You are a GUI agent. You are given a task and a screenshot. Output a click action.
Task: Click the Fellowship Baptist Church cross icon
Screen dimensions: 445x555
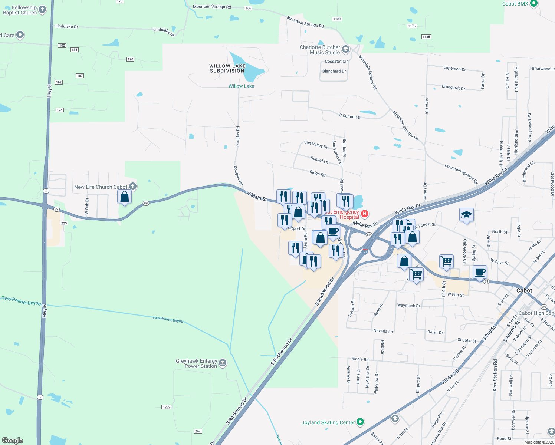pyautogui.click(x=42, y=10)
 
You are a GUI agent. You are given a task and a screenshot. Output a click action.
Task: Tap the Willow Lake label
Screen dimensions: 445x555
pyautogui.click(x=241, y=86)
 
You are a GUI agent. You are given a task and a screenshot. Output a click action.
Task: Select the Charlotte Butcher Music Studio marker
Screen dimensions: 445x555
pyautogui.click(x=346, y=49)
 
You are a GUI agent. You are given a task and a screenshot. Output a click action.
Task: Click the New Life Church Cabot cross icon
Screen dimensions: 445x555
pyautogui.click(x=132, y=187)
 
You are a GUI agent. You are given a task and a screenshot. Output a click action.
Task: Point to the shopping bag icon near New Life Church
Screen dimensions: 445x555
pyautogui.click(x=125, y=196)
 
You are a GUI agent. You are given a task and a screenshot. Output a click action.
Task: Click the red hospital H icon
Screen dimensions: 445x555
pyautogui.click(x=365, y=213)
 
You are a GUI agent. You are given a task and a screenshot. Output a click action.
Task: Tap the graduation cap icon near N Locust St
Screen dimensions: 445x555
pyautogui.click(x=466, y=215)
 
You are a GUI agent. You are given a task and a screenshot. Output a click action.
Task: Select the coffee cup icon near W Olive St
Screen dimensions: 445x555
pyautogui.click(x=480, y=272)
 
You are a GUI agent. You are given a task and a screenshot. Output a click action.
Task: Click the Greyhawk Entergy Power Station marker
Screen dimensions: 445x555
pyautogui.click(x=223, y=363)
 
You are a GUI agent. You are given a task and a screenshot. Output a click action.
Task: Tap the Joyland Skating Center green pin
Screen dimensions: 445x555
pyautogui.click(x=360, y=422)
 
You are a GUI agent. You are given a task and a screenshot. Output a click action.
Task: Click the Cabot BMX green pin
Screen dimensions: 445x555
pyautogui.click(x=534, y=4)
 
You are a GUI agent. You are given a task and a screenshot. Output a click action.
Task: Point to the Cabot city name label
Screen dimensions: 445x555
pyautogui.click(x=524, y=290)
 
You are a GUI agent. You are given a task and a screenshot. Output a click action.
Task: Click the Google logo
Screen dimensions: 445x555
pyautogui.click(x=13, y=440)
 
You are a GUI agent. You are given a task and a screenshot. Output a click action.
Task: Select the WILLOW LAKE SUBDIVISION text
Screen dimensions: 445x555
pyautogui.click(x=227, y=68)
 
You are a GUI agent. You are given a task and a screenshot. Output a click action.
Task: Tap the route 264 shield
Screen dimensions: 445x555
pyautogui.click(x=198, y=431)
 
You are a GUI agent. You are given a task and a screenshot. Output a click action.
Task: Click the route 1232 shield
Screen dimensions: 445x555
pyautogui.click(x=166, y=407)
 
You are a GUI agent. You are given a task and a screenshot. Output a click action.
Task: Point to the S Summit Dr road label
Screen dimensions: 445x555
pyautogui.click(x=350, y=116)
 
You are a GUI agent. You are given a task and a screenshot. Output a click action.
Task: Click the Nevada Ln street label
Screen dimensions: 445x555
pyautogui.click(x=383, y=331)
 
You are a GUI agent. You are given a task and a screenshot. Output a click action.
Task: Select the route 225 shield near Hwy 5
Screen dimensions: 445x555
pyautogui.click(x=64, y=223)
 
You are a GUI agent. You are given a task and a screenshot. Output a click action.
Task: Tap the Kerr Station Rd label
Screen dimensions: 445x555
pyautogui.click(x=495, y=375)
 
